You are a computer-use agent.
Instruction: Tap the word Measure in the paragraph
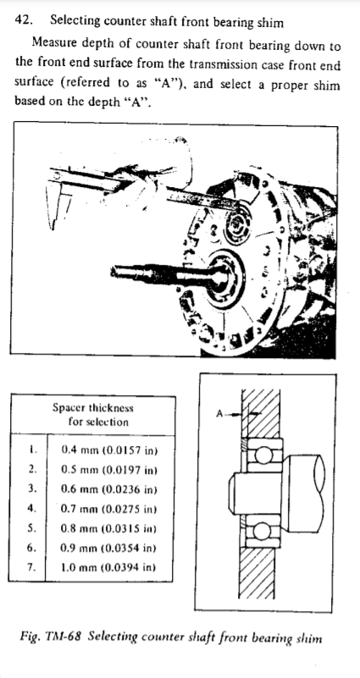coord(54,43)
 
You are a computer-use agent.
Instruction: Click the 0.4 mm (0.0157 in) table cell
coord(109,450)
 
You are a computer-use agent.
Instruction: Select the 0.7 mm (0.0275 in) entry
coord(108,509)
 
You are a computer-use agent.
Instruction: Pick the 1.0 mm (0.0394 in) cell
coord(108,567)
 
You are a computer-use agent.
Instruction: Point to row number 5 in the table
coord(30,528)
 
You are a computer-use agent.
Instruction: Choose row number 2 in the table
coord(32,469)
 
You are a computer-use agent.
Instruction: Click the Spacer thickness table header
coord(92,408)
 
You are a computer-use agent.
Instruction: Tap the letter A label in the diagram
coord(219,414)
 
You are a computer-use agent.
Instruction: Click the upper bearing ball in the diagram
coord(262,455)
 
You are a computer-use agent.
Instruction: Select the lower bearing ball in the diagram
coord(262,532)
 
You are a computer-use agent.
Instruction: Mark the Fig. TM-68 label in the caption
coord(51,637)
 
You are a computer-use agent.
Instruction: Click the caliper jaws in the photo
coord(58,202)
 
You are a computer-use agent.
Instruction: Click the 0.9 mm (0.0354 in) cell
coord(108,548)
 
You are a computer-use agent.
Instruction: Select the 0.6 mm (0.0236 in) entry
coord(108,489)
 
